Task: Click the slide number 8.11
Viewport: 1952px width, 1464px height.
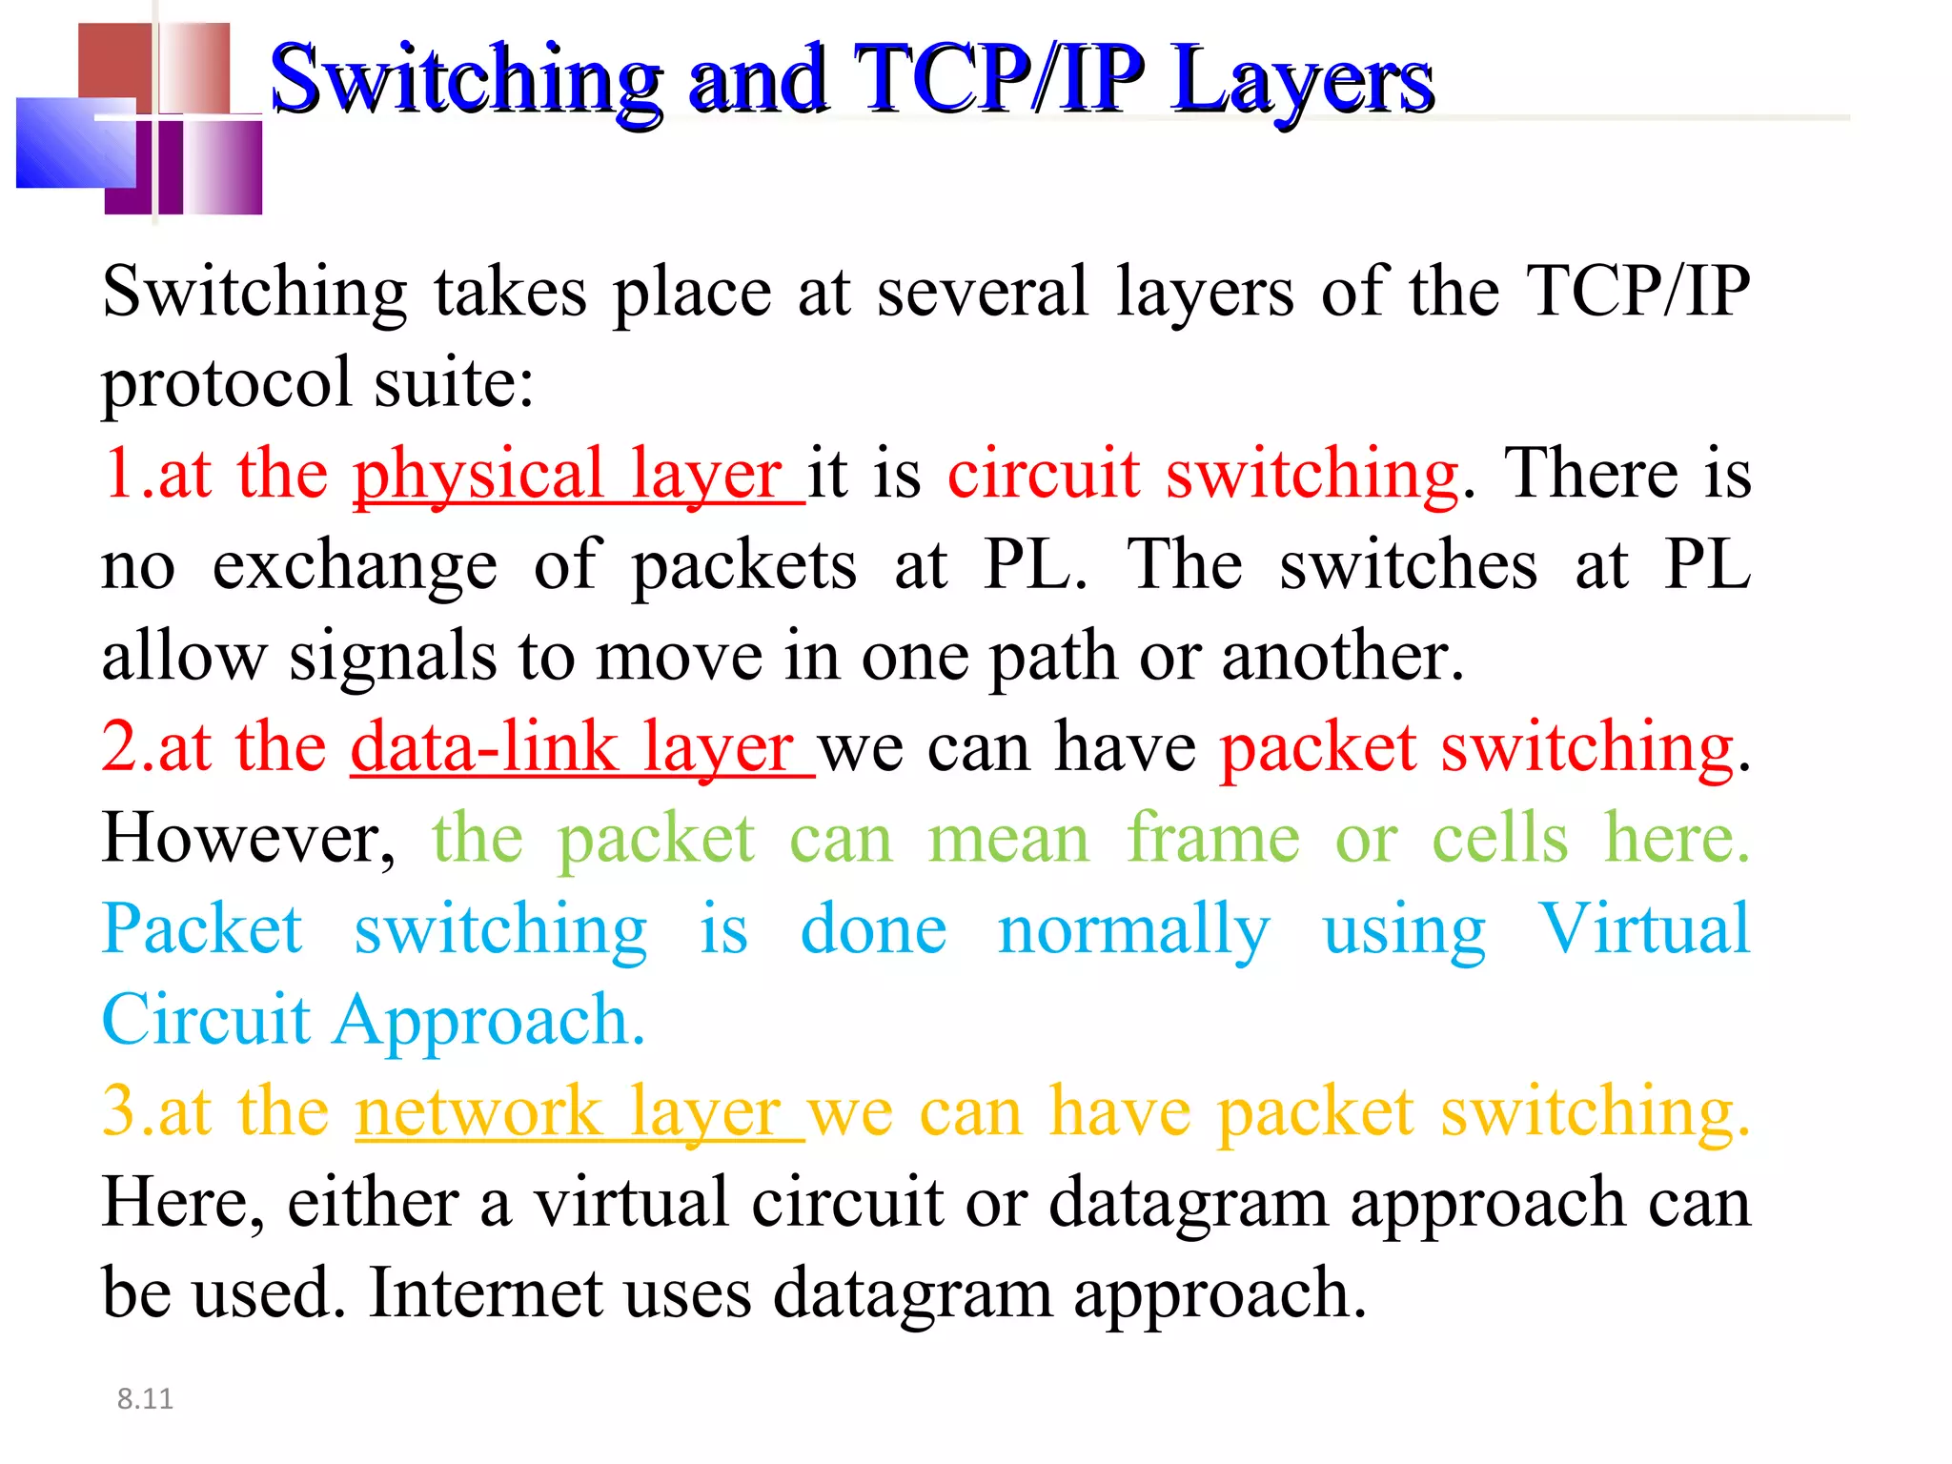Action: (x=145, y=1398)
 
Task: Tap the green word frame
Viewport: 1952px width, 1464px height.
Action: (x=1213, y=839)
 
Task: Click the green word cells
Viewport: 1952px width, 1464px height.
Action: (x=1500, y=839)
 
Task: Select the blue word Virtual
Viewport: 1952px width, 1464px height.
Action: (x=1645, y=928)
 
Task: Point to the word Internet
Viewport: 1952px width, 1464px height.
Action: (x=486, y=1293)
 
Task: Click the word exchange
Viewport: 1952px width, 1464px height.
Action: (x=355, y=565)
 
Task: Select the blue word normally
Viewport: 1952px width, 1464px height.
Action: (x=1134, y=930)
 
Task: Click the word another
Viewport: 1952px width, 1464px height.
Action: (x=1342, y=657)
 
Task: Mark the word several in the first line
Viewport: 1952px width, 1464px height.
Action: (x=983, y=292)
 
